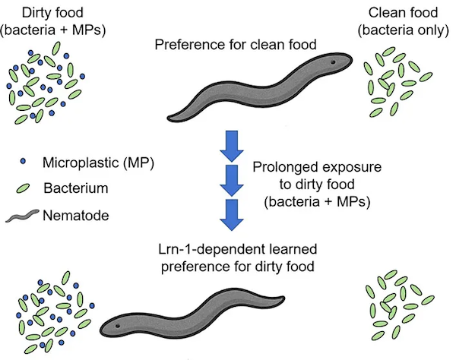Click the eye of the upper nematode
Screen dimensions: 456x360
coord(334,62)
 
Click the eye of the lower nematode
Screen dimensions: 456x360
coord(118,326)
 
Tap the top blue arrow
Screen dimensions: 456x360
coord(232,146)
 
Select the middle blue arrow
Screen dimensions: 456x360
coord(232,181)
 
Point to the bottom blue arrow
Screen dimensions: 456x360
coord(232,215)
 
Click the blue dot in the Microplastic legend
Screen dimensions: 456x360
coord(23,161)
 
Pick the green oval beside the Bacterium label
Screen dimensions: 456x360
coord(23,188)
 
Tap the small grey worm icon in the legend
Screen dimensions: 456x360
coord(22,216)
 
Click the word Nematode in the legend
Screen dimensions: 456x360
coord(76,216)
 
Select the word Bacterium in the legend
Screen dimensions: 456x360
coord(76,188)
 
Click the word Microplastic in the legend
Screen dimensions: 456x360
coord(81,163)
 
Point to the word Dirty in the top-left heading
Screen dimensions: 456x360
coord(36,13)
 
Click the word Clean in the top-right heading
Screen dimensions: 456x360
coord(385,12)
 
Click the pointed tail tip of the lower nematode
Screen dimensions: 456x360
coord(284,297)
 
